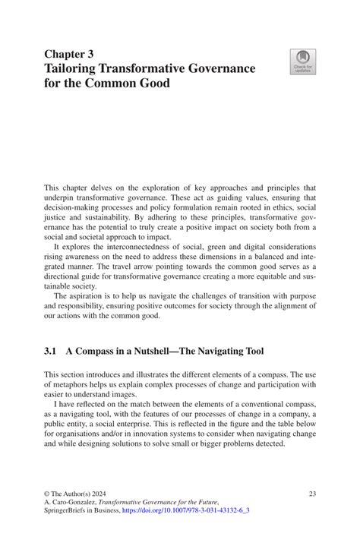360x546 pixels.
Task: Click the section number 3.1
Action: click(x=51, y=351)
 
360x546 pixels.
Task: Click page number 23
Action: click(x=311, y=494)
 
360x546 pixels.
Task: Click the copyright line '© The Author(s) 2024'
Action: click(x=81, y=494)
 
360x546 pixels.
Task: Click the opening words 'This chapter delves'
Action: click(x=78, y=187)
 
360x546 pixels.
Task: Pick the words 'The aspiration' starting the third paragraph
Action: click(x=79, y=295)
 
